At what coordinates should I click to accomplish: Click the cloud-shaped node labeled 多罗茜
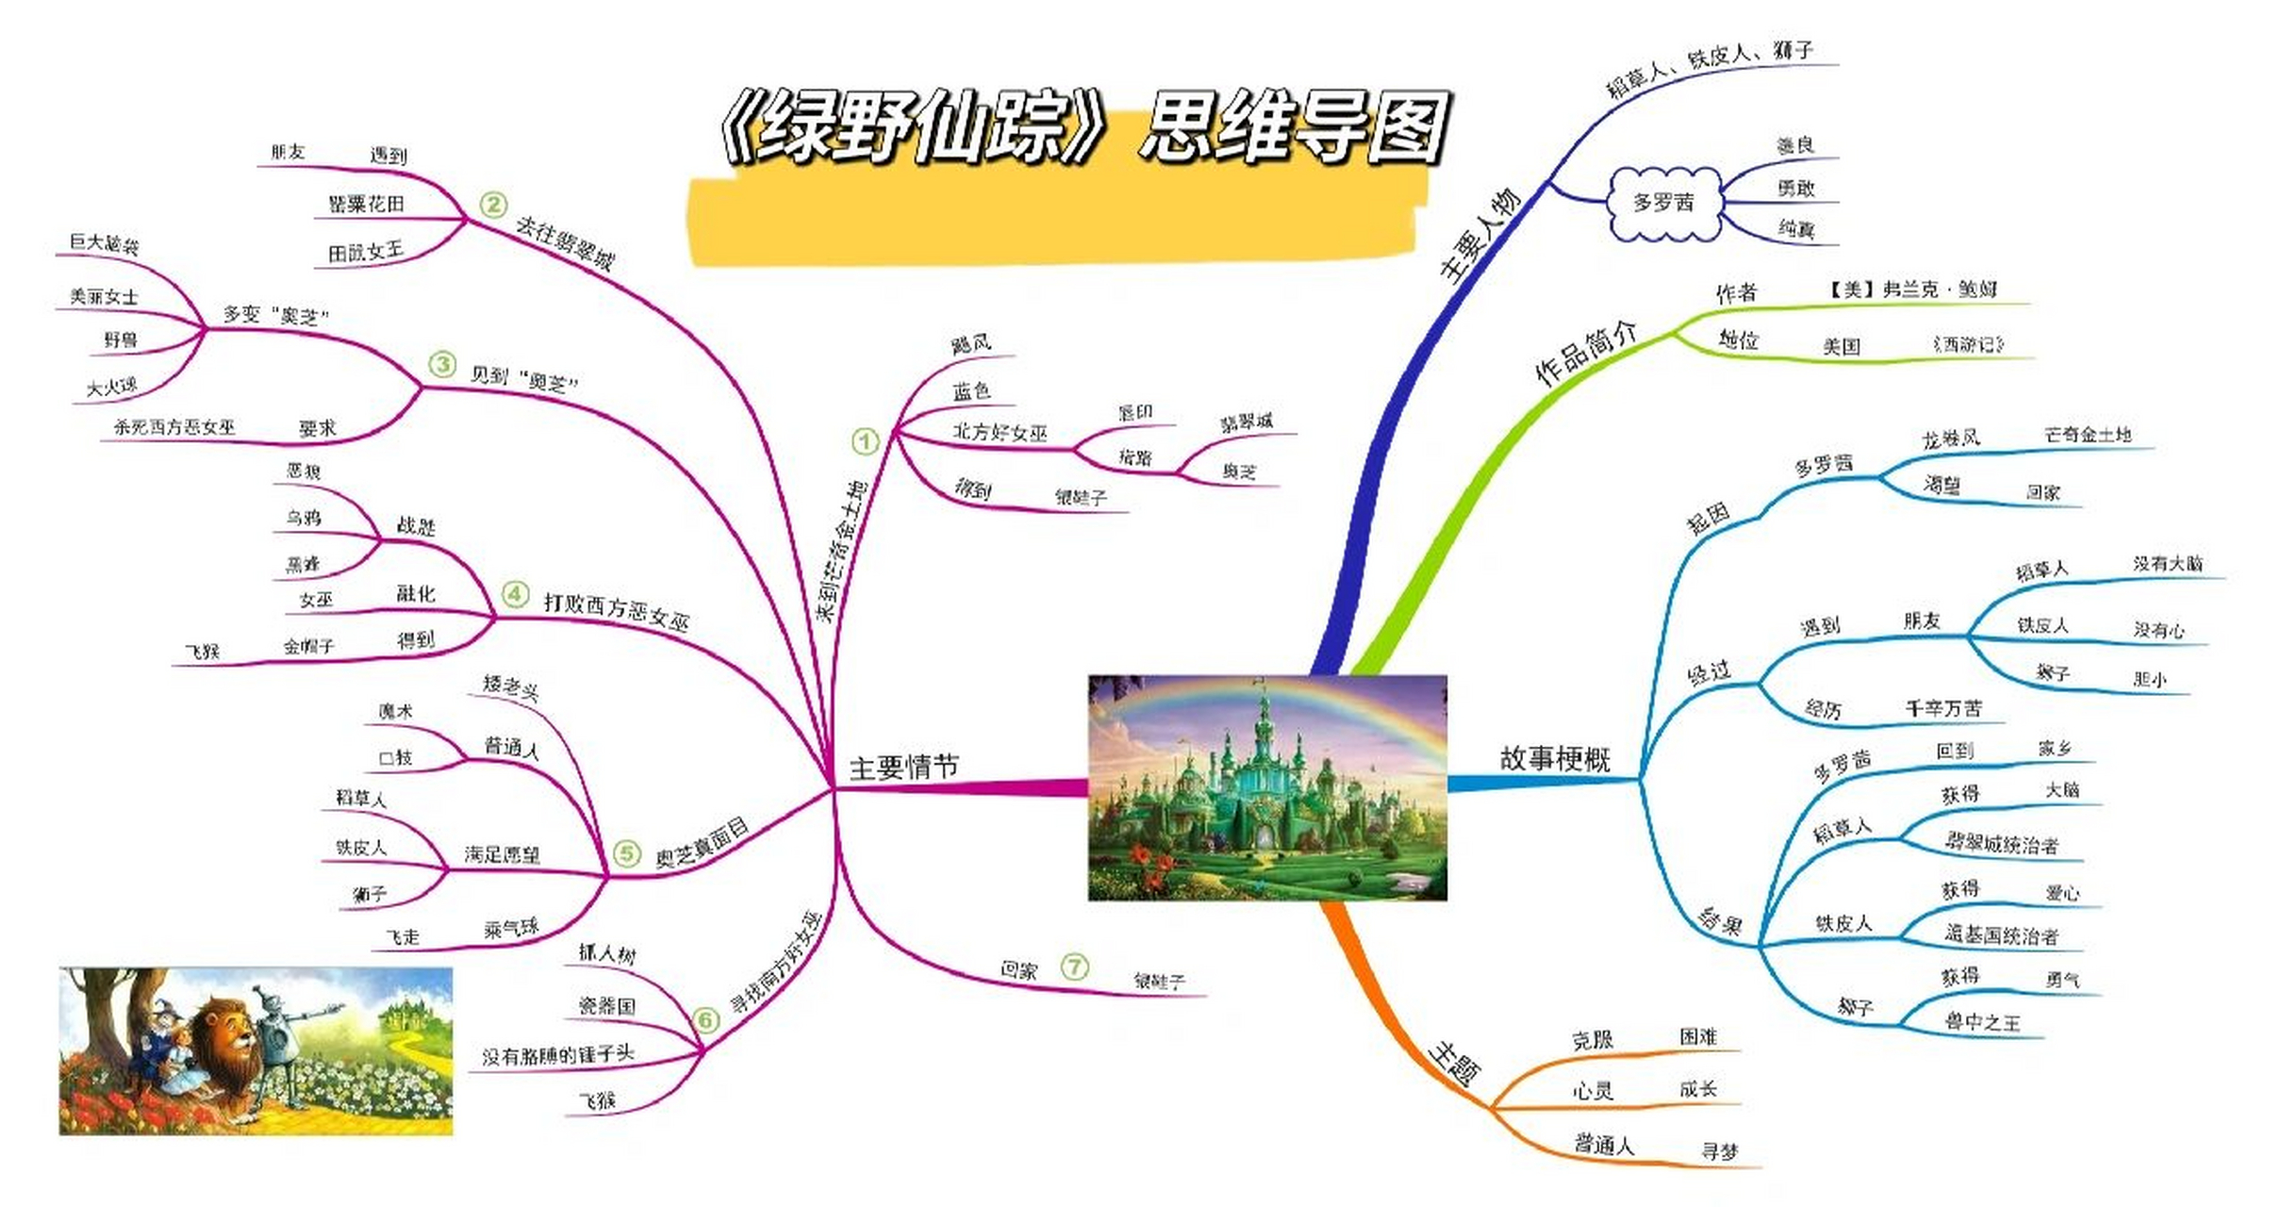(x=1663, y=202)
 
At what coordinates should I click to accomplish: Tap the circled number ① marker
(x=865, y=441)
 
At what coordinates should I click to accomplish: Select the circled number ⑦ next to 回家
(x=1074, y=967)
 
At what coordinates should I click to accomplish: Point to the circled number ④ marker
(x=515, y=594)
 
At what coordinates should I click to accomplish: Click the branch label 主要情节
(x=903, y=768)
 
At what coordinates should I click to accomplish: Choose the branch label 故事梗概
(x=1555, y=758)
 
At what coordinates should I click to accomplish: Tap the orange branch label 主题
(x=1454, y=1065)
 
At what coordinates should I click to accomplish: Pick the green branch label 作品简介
(x=1586, y=353)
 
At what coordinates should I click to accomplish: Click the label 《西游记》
(x=1968, y=345)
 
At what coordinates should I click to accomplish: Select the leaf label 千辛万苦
(x=1943, y=708)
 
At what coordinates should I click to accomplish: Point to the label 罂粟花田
(x=366, y=204)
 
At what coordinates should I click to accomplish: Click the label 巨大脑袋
(x=104, y=244)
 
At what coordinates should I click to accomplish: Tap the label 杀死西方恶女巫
(x=174, y=427)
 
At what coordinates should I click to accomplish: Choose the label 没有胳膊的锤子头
(x=558, y=1055)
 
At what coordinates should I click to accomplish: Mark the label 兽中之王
(x=1982, y=1022)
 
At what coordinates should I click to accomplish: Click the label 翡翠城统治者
(x=2001, y=844)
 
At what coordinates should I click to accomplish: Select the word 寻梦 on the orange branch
(x=1719, y=1151)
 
